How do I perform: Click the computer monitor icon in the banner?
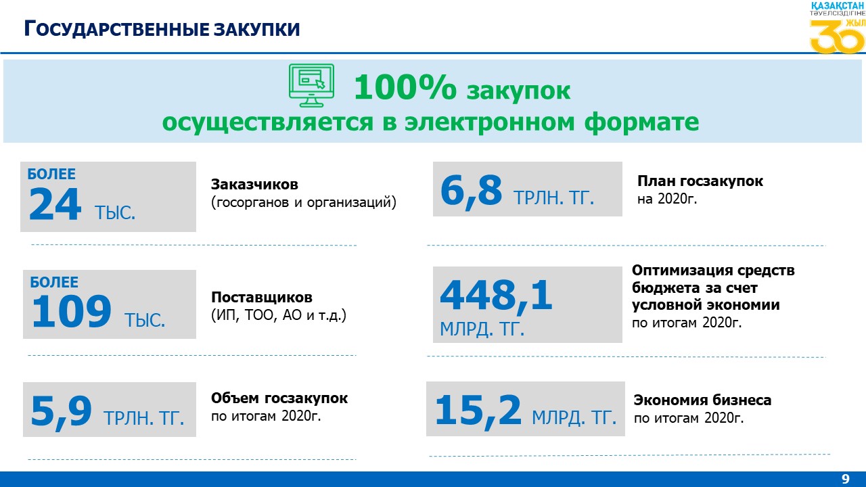311,85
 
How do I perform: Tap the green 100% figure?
405,87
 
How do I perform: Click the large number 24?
55,205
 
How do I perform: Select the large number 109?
72,312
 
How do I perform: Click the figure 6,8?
472,191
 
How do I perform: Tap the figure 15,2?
478,411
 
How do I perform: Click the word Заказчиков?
254,185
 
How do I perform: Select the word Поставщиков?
262,297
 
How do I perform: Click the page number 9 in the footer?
846,479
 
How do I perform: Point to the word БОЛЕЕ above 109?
54,282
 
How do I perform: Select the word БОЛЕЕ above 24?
51,174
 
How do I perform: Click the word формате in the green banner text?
641,122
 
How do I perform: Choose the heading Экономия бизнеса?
702,400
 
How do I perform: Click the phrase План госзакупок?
700,181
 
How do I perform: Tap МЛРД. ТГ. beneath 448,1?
482,329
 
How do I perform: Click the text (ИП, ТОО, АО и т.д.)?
279,315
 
